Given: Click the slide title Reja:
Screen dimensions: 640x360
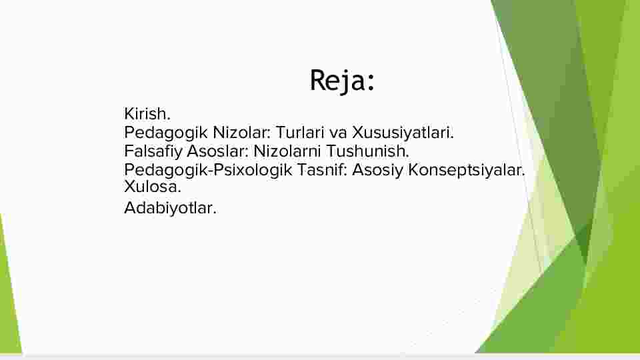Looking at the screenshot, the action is (342, 81).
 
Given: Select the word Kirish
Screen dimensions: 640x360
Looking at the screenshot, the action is (147, 114).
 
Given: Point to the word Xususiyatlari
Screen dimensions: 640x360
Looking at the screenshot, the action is (403, 133).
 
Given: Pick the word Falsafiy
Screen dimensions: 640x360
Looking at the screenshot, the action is (153, 151).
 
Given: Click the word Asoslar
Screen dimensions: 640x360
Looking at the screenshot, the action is (217, 151).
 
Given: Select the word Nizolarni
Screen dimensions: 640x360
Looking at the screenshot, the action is (287, 151).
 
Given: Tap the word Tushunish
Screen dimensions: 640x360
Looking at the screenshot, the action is (367, 151).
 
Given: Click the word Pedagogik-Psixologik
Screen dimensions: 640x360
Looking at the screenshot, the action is (208, 170).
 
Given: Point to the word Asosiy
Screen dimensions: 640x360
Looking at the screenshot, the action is (377, 171).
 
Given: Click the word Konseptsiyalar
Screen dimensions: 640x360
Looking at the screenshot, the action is (467, 171).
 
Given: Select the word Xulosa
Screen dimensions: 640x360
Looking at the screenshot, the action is (152, 187).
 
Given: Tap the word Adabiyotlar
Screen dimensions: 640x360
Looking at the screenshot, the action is (170, 208).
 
